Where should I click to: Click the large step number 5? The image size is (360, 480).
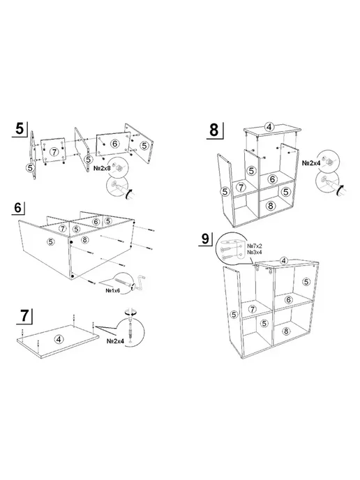[20, 129]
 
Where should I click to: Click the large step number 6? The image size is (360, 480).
[17, 207]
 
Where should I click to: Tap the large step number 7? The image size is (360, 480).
[24, 315]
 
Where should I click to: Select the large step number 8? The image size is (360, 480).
[214, 130]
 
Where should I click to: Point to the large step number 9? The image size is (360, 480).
[205, 239]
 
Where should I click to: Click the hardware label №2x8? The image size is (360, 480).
[102, 168]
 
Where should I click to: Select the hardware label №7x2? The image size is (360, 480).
[255, 246]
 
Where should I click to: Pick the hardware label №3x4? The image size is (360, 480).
[255, 253]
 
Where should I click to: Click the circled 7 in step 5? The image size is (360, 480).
[54, 151]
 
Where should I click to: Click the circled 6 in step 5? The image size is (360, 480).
[114, 143]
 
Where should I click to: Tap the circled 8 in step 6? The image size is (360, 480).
[85, 240]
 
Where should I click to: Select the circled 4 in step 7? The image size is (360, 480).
[59, 339]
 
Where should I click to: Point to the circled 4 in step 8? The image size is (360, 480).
[269, 127]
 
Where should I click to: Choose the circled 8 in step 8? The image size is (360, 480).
[270, 206]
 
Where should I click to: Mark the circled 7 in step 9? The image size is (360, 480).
[253, 309]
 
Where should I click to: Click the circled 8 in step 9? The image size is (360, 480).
[286, 331]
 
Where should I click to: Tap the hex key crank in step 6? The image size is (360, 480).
[140, 281]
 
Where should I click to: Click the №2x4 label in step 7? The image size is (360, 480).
[115, 341]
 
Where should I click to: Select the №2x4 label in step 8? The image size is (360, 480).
[311, 163]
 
